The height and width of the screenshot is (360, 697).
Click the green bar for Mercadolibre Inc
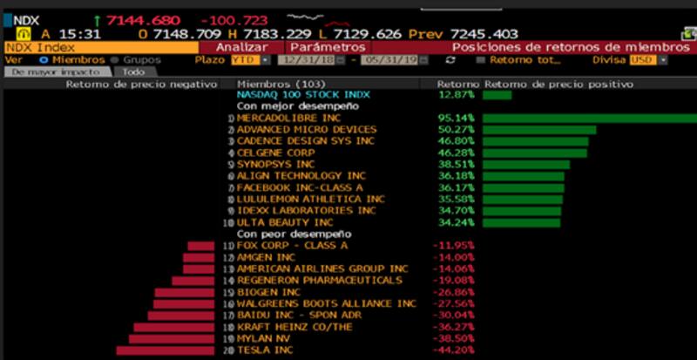point(589,118)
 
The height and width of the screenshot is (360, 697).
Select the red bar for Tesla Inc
point(166,350)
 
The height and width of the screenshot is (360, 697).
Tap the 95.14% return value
point(455,118)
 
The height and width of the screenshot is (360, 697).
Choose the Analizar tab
point(241,47)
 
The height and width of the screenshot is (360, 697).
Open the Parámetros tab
point(327,47)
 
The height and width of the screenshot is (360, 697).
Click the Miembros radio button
point(44,60)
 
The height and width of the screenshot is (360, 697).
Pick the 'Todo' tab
point(133,72)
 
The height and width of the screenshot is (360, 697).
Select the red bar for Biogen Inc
point(184,292)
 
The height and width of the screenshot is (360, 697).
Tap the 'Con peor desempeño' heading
point(294,234)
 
